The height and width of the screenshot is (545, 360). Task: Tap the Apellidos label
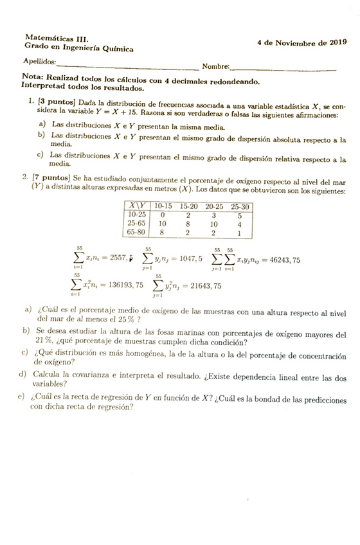point(39,62)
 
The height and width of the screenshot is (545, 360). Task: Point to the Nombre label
point(215,66)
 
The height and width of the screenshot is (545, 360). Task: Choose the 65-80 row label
point(136,233)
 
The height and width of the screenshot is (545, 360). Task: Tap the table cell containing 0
point(163,215)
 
